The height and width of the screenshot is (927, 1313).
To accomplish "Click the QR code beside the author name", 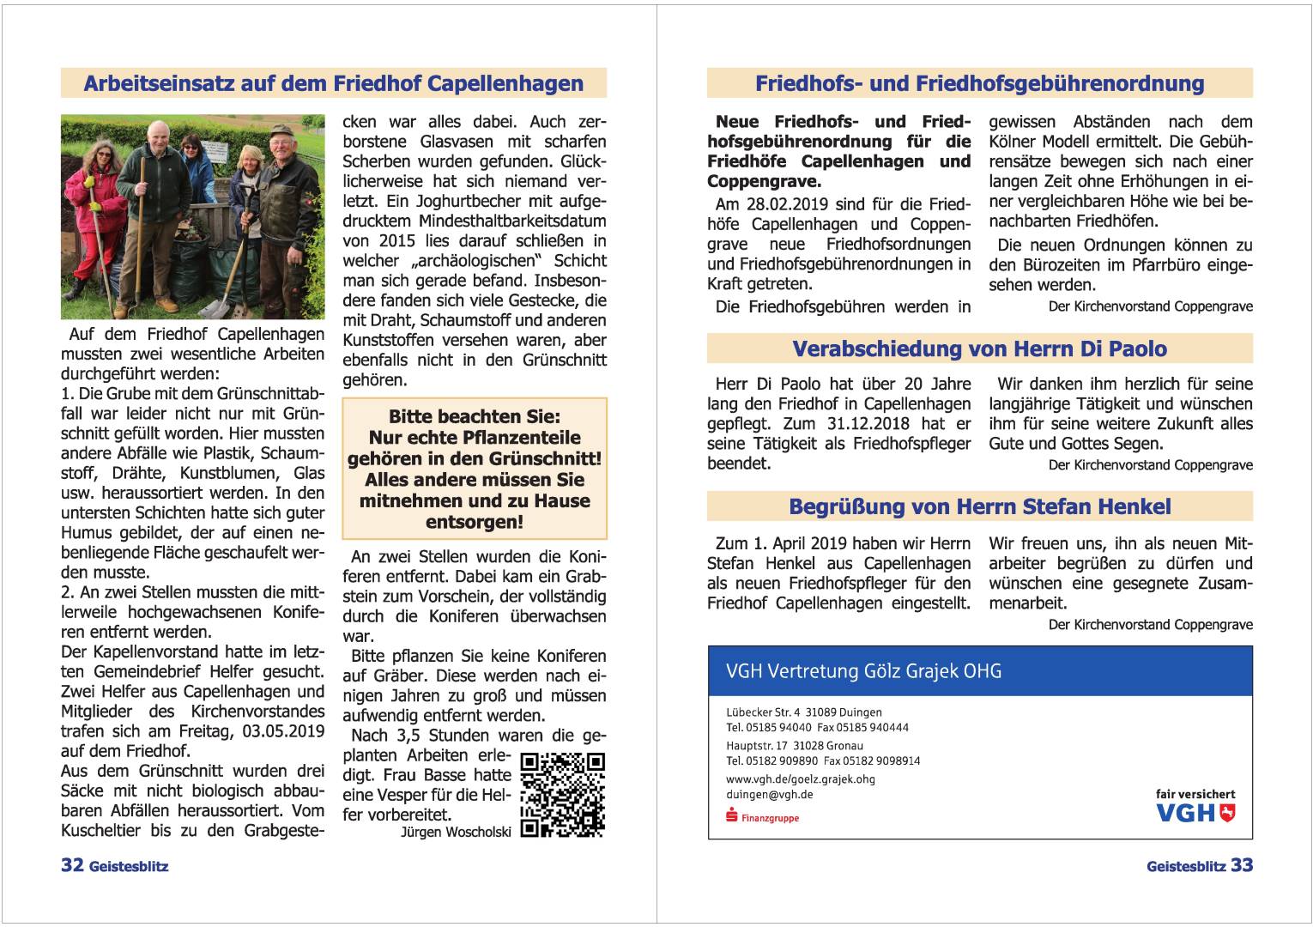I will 563,795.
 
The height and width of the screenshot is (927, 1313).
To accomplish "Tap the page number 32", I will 72,865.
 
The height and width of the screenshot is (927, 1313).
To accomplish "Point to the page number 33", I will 1242,865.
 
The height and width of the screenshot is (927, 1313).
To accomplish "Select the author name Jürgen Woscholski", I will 456,832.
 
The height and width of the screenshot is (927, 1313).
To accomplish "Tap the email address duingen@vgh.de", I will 770,795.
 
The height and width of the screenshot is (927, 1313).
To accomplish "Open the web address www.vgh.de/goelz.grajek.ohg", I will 800,779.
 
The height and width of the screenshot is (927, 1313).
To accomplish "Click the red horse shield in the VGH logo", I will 1227,812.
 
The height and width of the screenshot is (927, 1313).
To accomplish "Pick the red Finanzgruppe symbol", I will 732,816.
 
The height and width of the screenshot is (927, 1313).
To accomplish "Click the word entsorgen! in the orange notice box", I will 474,522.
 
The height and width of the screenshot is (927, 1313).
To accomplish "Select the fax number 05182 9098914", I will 872,760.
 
